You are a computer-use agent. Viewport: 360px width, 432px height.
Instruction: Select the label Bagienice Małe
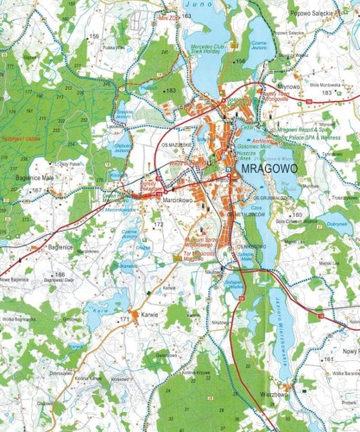(35, 177)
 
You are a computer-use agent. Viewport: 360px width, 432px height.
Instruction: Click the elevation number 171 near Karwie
(124, 320)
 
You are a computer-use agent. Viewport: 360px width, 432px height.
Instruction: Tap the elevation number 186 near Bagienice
(60, 275)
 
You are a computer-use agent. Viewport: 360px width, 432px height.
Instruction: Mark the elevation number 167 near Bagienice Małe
(36, 189)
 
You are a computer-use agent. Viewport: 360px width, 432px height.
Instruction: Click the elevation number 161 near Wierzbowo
(328, 359)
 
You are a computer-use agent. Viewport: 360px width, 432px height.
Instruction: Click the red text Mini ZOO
(168, 16)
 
